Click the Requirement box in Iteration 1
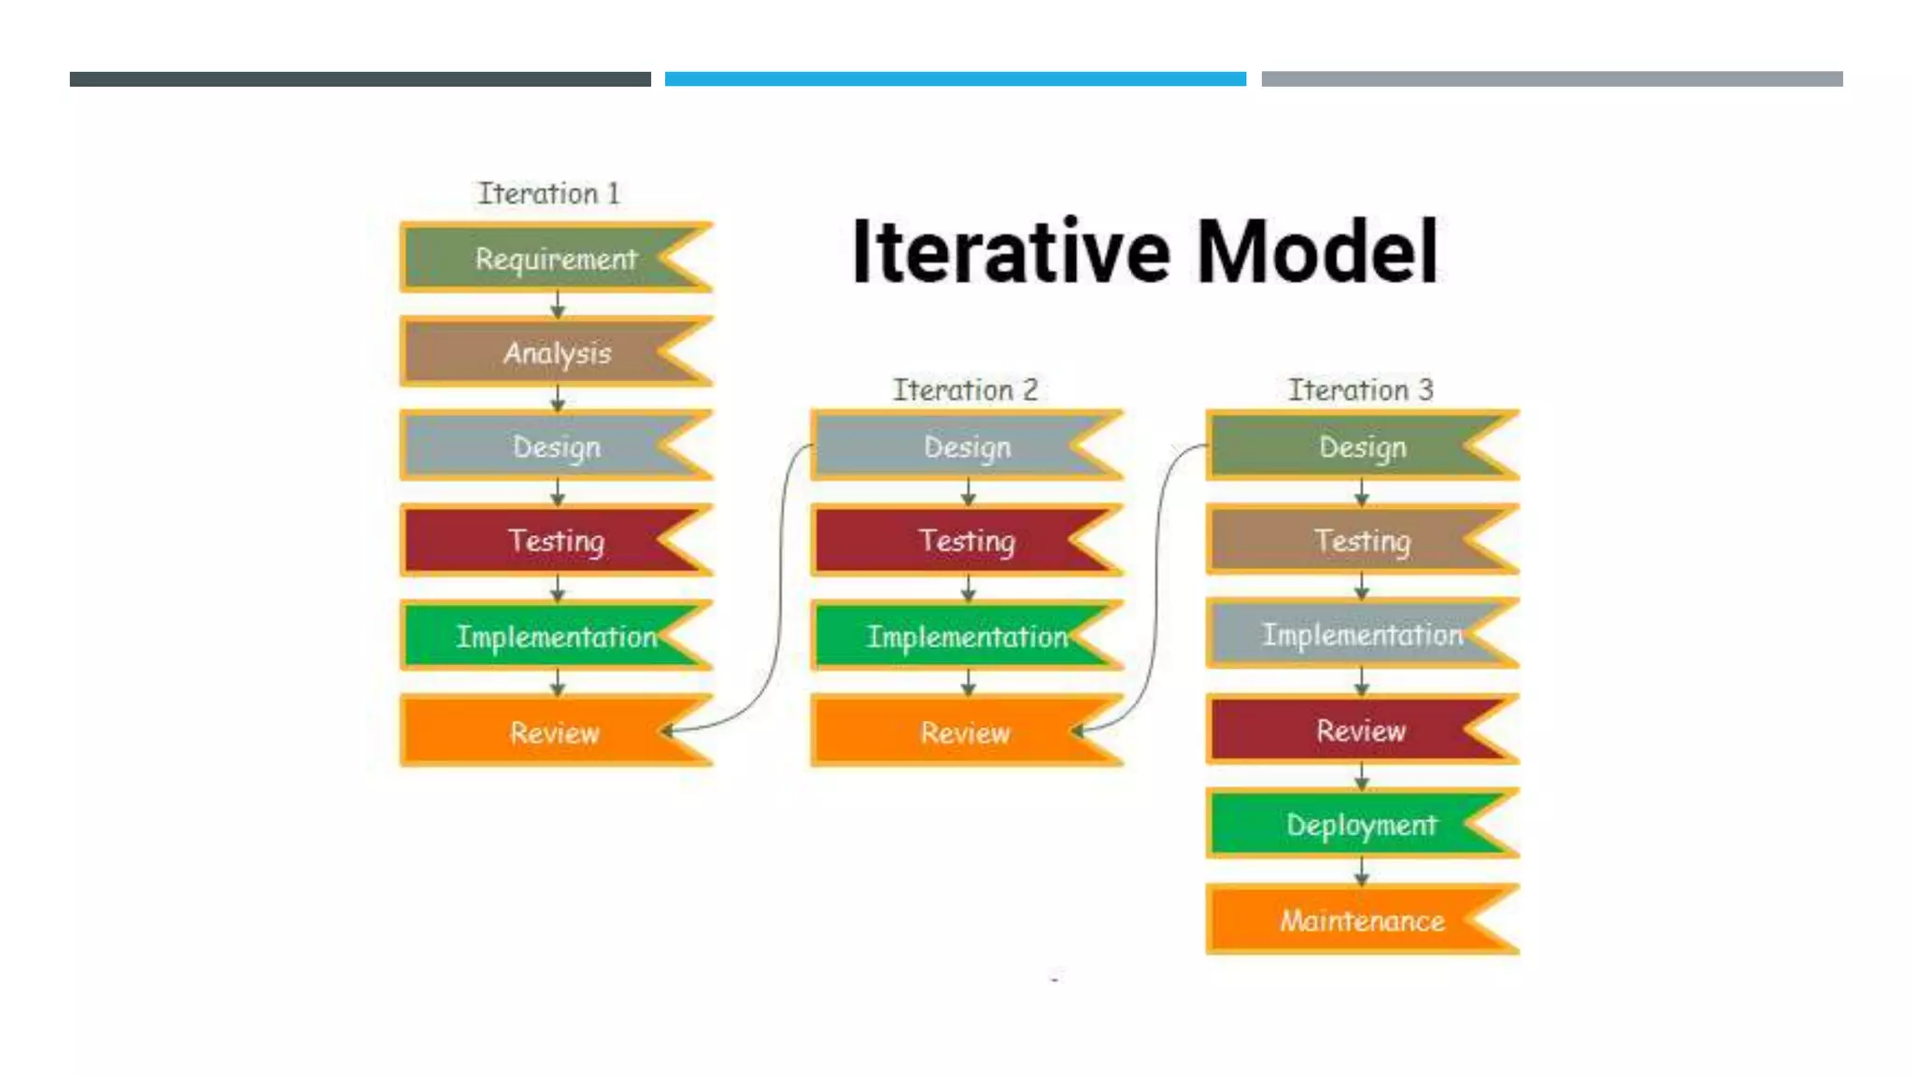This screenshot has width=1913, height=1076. pos(556,258)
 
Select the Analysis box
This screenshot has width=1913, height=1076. pos(556,352)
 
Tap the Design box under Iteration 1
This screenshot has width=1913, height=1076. pos(556,446)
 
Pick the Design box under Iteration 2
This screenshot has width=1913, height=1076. pos(967,446)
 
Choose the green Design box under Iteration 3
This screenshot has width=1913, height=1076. pos(1362,446)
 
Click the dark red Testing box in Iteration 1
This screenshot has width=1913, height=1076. pos(556,541)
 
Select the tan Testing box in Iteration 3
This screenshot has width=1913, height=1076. pos(1362,540)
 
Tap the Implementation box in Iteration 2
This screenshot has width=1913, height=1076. pos(967,636)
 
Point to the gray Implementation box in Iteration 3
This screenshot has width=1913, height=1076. pos(1362,634)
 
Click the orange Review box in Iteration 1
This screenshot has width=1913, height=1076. pos(556,731)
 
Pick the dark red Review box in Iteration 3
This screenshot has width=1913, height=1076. pos(1362,729)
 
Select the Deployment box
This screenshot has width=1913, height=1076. pos(1362,824)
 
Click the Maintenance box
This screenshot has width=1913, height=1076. pos(1362,920)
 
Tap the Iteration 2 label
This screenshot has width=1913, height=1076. pos(965,389)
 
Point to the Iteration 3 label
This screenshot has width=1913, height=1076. pos(1360,389)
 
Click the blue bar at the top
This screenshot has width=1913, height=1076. pos(955,79)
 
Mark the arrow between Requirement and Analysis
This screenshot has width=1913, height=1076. pos(558,304)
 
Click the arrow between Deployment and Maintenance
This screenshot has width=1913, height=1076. pos(1362,871)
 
